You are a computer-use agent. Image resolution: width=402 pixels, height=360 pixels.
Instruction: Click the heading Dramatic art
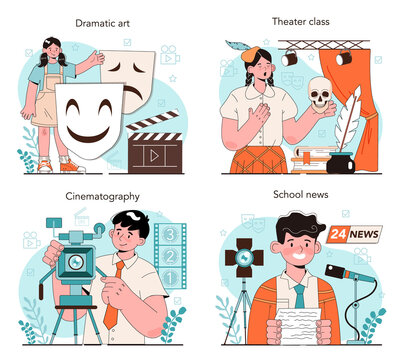pos(102,23)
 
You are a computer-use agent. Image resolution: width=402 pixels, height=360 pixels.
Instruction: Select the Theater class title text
pos(300,22)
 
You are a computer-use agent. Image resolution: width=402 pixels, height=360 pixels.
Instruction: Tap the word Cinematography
pos(102,197)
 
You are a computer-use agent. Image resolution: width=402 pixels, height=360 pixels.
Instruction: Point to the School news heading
pos(301,194)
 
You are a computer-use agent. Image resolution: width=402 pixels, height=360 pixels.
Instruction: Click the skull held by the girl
pos(320,94)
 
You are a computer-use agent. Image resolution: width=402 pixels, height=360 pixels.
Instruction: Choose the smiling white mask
pos(89,119)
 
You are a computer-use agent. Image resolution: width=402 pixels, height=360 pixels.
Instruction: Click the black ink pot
pos(341,163)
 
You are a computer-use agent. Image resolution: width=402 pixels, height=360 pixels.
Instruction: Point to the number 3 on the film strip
pos(170,235)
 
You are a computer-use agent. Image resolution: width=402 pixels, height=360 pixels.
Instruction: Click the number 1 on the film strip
pos(170,277)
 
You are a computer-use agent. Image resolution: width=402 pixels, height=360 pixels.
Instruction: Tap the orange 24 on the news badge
pos(339,234)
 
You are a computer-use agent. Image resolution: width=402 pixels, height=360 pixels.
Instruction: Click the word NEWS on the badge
pos(364,234)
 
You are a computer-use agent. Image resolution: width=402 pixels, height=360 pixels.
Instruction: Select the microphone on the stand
pos(350,274)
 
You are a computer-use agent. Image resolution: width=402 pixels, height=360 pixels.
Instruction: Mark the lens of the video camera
pos(76,262)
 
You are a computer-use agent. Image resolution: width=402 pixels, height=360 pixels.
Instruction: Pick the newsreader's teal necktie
pos(300,296)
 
